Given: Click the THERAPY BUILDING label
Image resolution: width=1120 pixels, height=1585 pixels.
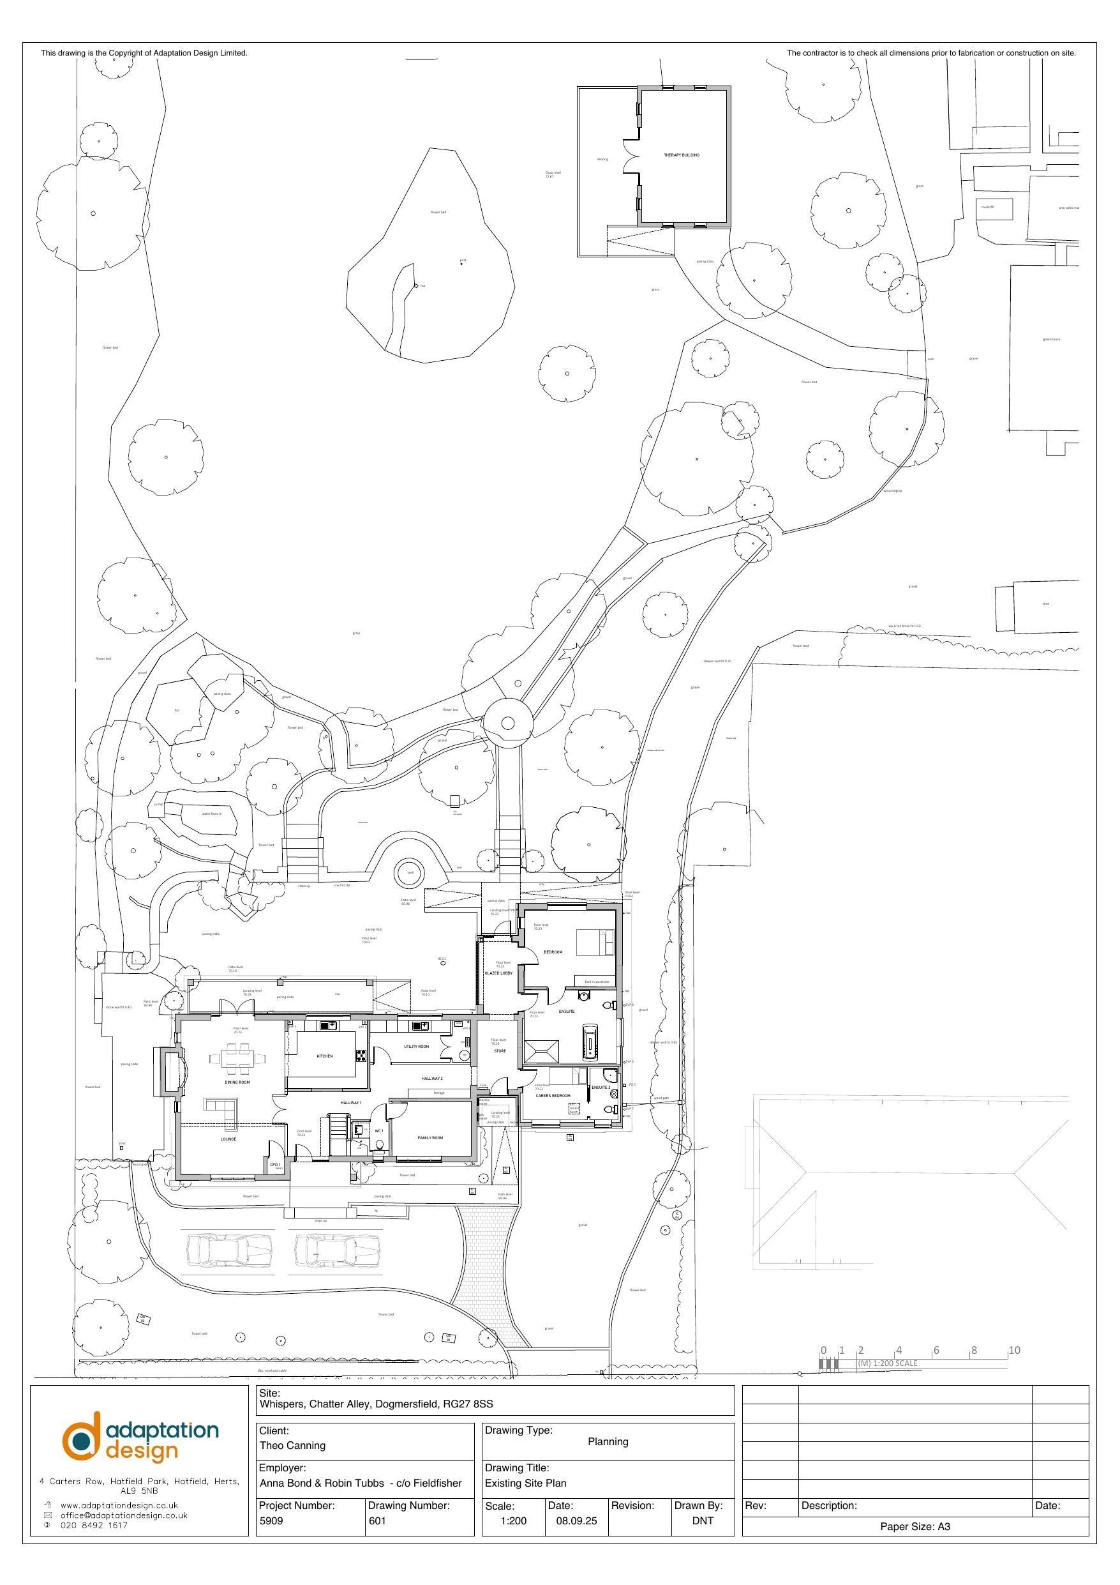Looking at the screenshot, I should tap(681, 155).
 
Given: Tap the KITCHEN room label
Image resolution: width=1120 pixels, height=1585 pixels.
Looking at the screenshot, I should tap(324, 1056).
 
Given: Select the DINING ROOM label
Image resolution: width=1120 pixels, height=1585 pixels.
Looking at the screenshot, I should tap(237, 1082).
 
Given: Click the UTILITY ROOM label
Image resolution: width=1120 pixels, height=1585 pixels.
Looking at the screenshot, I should tap(416, 1046).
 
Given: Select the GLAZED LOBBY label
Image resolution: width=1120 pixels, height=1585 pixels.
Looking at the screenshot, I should tap(498, 973).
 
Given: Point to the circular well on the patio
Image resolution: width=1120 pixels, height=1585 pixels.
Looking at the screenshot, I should tap(410, 872).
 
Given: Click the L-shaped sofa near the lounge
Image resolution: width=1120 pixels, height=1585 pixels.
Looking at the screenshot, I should tap(222, 1111).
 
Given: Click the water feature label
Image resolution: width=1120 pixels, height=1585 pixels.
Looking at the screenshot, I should tap(212, 814).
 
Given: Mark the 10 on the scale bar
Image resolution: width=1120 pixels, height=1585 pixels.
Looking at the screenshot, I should tap(1013, 1349).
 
